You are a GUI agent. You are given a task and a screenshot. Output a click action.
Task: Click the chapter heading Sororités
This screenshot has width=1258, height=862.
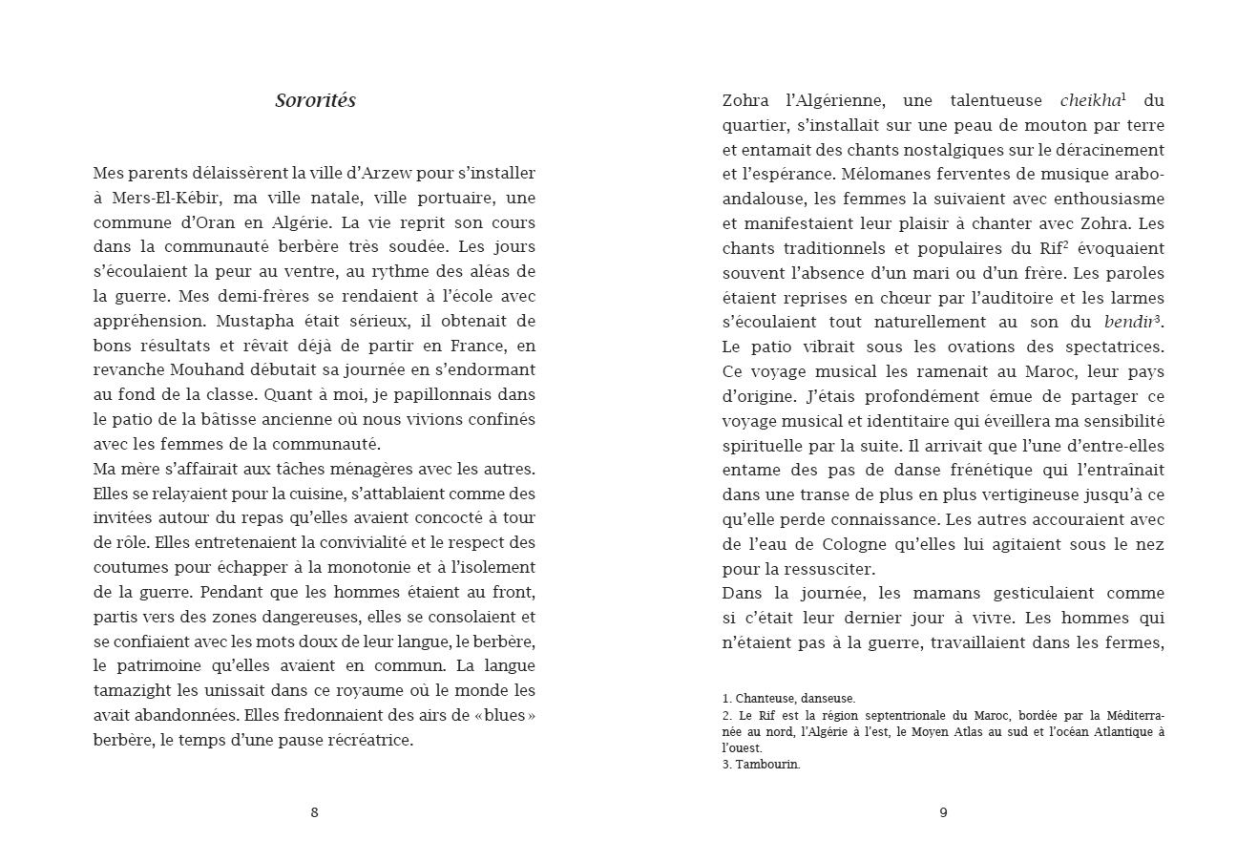pos(315,100)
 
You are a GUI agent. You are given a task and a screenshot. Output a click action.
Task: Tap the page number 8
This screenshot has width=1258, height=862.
pos(315,812)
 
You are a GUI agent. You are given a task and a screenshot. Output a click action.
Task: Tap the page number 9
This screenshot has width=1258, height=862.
pos(943,812)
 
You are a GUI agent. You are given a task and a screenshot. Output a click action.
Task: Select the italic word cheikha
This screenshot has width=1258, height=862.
pos(1090,100)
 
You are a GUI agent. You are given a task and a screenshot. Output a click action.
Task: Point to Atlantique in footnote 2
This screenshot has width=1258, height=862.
pos(1121,731)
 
